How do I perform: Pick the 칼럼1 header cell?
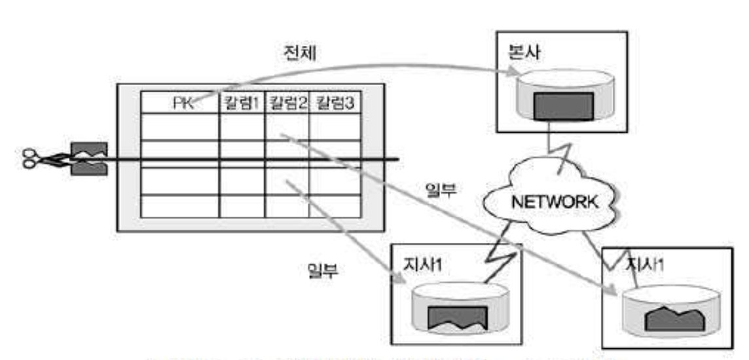coord(242,103)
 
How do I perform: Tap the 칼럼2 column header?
coord(287,103)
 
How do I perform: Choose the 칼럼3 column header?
coord(335,103)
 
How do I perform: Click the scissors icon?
coord(33,158)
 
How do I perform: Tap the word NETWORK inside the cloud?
coord(552,202)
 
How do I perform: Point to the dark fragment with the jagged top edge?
coord(674,320)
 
